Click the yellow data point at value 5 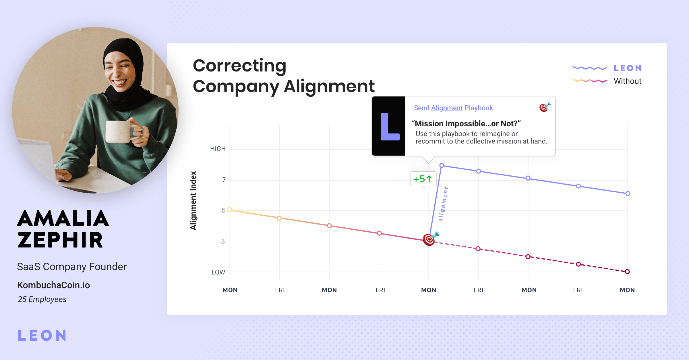tap(229, 210)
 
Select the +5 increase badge tap(423, 179)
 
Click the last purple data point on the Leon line tap(628, 193)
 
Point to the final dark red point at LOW tap(627, 272)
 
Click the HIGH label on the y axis tap(218, 149)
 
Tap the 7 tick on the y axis tap(224, 180)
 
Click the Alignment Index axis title tap(193, 201)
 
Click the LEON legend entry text tap(628, 68)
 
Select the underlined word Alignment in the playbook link tap(447, 108)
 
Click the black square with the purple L tap(389, 126)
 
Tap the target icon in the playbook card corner tap(545, 107)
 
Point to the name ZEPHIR tap(60, 240)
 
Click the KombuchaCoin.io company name tap(54, 285)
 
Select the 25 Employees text tap(42, 299)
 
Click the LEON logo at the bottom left tap(42, 335)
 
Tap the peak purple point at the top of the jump tap(442, 165)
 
